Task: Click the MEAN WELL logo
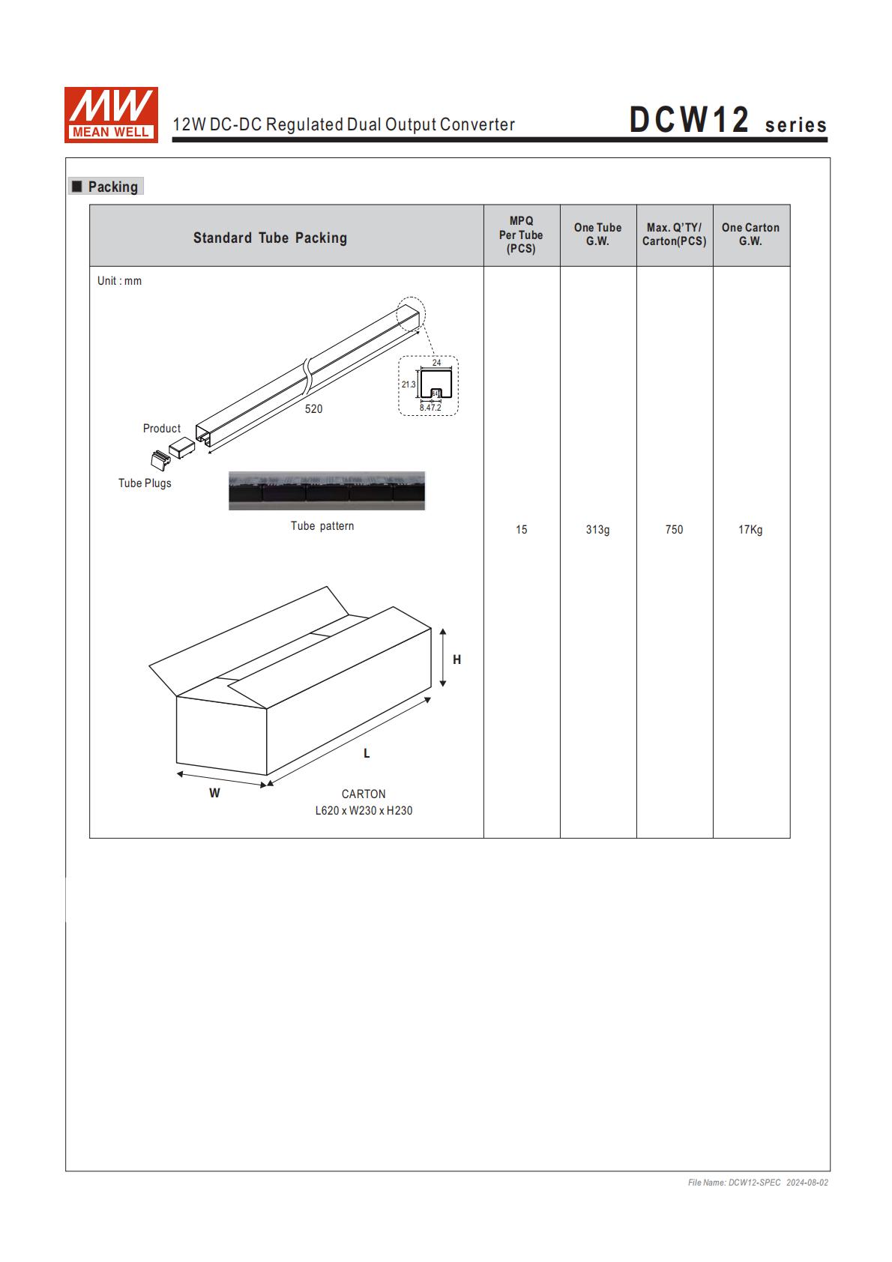tap(111, 114)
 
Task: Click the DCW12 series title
tap(727, 121)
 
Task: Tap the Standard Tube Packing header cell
tap(270, 238)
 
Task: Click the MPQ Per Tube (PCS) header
tap(521, 235)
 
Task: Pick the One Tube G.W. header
tap(597, 235)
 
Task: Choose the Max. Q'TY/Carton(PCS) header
tap(674, 235)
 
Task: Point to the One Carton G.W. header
tap(750, 235)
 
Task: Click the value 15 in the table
tap(521, 530)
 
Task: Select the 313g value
tap(597, 530)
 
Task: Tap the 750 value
tap(674, 530)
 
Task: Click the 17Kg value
tap(750, 530)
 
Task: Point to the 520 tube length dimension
tap(313, 409)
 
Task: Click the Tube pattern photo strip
tap(326, 491)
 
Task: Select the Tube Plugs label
tap(145, 483)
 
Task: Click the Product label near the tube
tap(162, 429)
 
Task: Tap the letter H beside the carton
tap(457, 659)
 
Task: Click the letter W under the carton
tap(214, 793)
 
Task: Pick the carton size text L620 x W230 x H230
tap(364, 810)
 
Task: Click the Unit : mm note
tap(119, 281)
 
